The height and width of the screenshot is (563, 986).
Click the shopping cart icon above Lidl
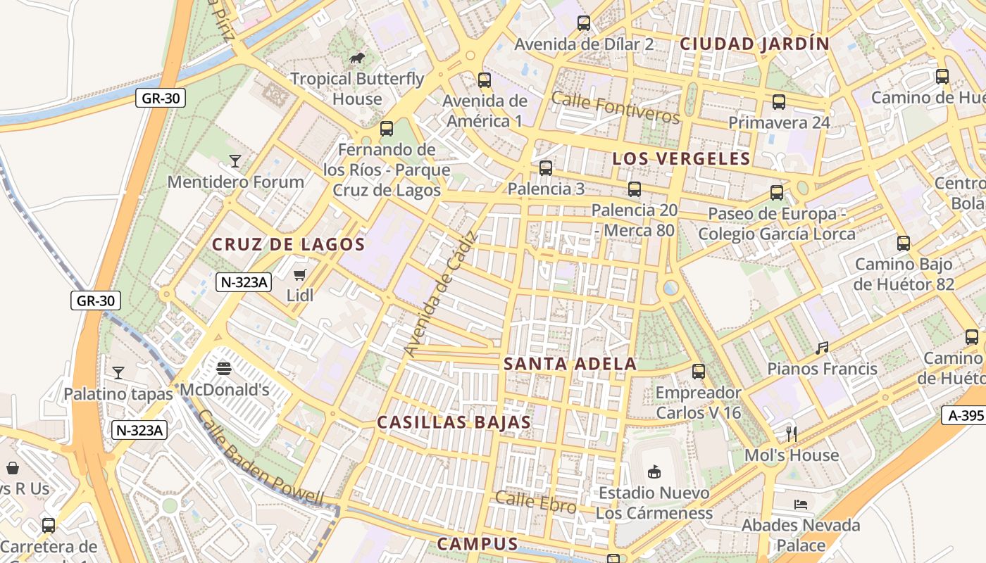coord(300,274)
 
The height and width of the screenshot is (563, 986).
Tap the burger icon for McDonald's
coord(224,368)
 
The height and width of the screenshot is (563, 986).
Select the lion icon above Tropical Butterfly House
coord(357,58)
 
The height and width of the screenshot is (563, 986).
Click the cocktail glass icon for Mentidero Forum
coord(235,161)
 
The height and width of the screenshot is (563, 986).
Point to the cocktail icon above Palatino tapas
coord(118,372)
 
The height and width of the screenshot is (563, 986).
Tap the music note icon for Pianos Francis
coord(822,348)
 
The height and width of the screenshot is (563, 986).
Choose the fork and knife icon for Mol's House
coord(792,434)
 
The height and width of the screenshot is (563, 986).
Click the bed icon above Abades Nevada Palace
coord(801,504)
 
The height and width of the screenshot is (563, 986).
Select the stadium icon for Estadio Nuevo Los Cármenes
coord(654,472)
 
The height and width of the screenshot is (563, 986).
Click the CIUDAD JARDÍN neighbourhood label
coord(754,44)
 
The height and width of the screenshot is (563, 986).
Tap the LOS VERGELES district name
coord(681,158)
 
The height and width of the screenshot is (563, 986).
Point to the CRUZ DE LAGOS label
coord(289,245)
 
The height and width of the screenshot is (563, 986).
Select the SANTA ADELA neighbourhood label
coord(570,364)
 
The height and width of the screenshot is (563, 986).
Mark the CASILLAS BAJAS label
coord(454,422)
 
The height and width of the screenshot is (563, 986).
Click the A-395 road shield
coord(965,415)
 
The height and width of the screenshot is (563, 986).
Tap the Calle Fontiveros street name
coord(616,107)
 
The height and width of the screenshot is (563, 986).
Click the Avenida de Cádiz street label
coord(441,293)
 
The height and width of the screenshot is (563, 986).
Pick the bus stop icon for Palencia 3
coord(546,168)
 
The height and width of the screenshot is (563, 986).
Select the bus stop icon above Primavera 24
coord(778,102)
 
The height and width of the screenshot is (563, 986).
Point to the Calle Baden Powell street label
coord(260,457)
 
